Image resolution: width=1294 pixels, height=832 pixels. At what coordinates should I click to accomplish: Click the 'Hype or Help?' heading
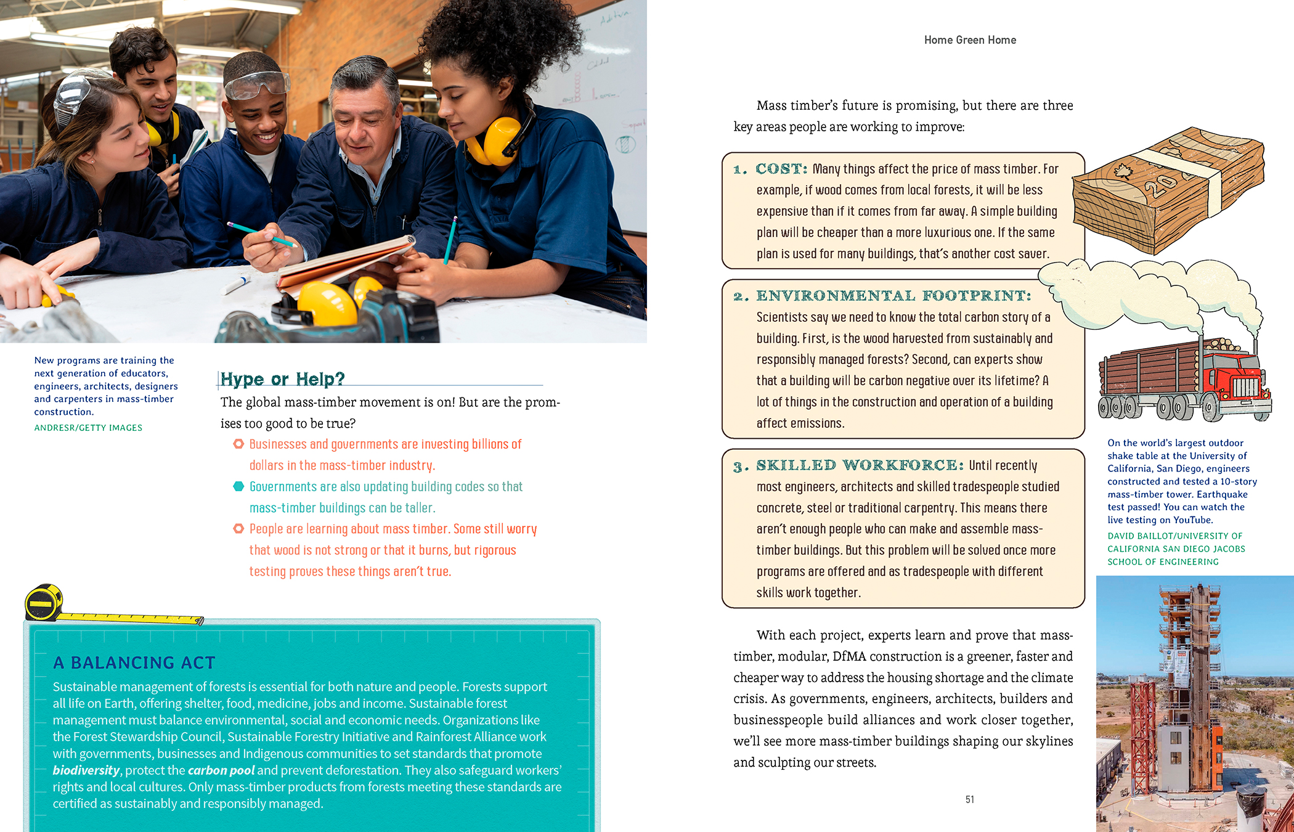(x=282, y=378)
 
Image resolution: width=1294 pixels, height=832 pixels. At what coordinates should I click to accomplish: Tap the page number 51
(x=969, y=799)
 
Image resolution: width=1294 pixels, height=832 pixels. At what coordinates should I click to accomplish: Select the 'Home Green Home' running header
(x=970, y=40)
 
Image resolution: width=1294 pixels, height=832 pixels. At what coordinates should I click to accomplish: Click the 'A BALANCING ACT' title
(x=134, y=663)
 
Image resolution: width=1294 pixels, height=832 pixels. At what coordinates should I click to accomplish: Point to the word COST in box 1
(x=781, y=169)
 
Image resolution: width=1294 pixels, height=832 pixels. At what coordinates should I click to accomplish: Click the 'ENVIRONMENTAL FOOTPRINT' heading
(x=893, y=296)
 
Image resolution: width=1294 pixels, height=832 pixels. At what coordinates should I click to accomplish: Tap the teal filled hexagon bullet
(x=238, y=486)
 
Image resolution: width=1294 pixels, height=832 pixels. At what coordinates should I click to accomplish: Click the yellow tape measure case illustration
(x=43, y=603)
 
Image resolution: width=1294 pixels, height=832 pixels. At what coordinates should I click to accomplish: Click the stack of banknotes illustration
(x=1168, y=191)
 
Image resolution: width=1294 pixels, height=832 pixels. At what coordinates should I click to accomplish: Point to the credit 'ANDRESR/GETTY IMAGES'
(x=88, y=428)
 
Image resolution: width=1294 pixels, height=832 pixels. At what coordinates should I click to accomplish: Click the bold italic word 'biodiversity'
(x=86, y=770)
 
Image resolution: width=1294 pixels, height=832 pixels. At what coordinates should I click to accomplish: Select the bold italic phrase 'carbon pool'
(x=221, y=770)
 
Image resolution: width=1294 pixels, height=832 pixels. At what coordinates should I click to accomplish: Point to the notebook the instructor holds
(x=345, y=262)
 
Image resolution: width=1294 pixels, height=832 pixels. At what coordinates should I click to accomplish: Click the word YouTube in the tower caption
(x=1192, y=520)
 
